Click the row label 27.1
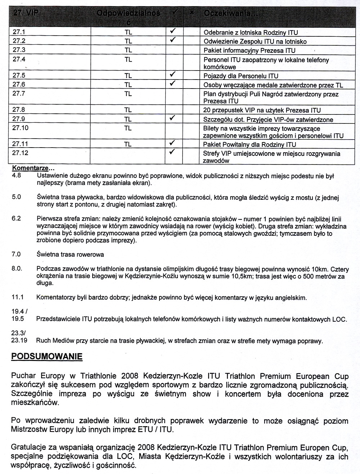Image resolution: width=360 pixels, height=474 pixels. pos(18,32)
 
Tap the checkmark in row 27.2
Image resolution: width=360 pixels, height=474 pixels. pos(173,40)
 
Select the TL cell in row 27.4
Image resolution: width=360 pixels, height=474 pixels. pos(128,60)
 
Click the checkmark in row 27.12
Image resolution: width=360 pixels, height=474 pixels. pos(173,152)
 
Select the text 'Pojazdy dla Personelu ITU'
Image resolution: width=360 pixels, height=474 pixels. pos(241,76)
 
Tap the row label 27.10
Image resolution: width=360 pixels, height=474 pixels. pos(20,128)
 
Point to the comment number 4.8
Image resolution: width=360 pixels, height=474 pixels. pos(17,176)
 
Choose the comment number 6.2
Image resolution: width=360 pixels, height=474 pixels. pos(17,219)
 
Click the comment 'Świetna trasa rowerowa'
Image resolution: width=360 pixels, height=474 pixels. pos(70,254)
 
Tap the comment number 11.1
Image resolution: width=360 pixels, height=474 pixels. pos(18,297)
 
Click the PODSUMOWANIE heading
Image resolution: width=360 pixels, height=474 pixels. pos(47,357)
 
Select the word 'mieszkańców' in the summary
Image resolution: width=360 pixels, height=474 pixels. pos(35,402)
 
